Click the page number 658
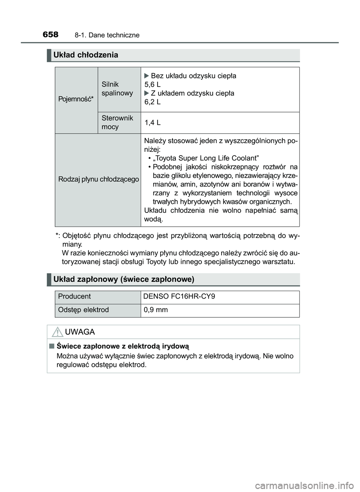point(51,35)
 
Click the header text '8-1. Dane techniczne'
point(107,35)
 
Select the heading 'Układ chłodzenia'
point(86,55)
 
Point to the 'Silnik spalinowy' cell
point(117,89)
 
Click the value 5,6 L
point(153,85)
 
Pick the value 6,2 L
point(153,102)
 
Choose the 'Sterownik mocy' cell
point(117,123)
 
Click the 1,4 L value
point(153,123)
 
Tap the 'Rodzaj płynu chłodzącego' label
point(99,179)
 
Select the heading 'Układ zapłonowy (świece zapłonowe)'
point(124,279)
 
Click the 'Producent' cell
point(75,296)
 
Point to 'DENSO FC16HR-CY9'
point(179,296)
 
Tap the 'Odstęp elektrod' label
point(84,310)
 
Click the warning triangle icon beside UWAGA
point(57,332)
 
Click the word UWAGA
point(80,332)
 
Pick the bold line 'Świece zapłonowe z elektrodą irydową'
point(123,346)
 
